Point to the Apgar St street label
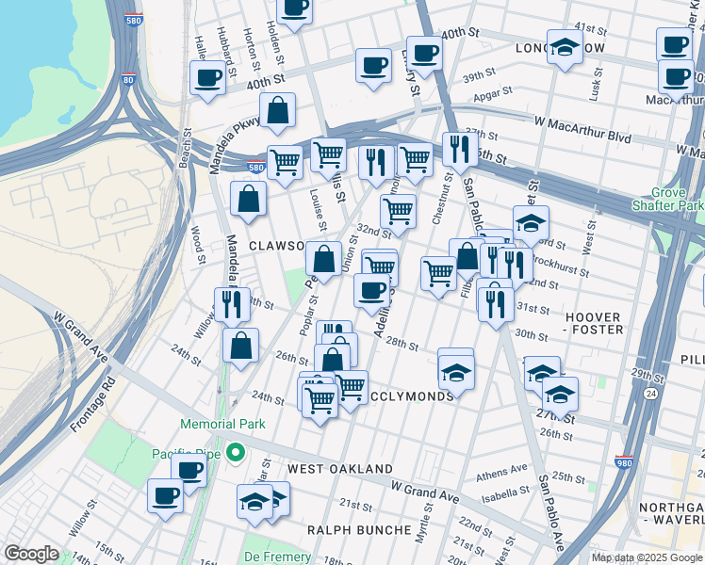pyautogui.click(x=492, y=92)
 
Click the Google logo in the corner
pyautogui.click(x=31, y=554)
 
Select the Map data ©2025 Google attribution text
pyautogui.click(x=647, y=558)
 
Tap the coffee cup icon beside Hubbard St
pyautogui.click(x=206, y=77)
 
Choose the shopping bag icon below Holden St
pyautogui.click(x=278, y=110)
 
